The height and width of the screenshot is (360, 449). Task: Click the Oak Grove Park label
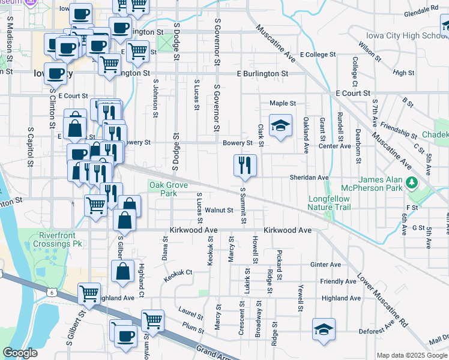(x=164, y=190)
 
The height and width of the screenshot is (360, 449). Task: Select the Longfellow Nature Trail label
(x=328, y=203)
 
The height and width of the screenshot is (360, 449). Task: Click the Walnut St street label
(x=218, y=210)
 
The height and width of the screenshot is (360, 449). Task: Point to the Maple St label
(x=283, y=103)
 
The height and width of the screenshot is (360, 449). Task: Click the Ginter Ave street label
(x=325, y=265)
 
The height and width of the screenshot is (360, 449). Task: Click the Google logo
(x=20, y=353)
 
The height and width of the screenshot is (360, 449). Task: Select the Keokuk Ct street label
(x=180, y=272)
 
